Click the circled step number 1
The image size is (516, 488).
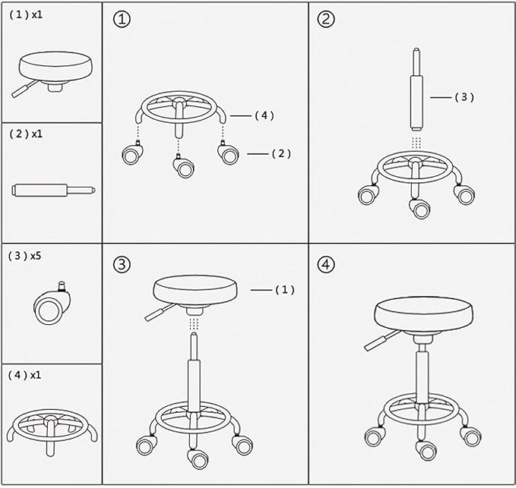tap(122, 20)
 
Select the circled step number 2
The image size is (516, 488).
tap(326, 19)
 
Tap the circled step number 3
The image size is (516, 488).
tap(122, 265)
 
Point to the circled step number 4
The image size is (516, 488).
tap(326, 265)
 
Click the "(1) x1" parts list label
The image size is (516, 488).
tap(26, 14)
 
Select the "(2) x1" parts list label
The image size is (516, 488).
tap(26, 134)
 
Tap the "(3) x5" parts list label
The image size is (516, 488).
tap(24, 255)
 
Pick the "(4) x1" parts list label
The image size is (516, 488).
tap(24, 375)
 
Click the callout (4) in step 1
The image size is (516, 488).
tap(264, 115)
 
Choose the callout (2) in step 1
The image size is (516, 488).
tap(281, 153)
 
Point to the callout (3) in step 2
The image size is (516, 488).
tap(464, 97)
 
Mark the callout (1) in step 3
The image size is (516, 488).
tap(285, 289)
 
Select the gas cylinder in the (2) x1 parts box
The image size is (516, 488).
tap(54, 190)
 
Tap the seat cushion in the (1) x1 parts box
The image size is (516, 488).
tap(55, 67)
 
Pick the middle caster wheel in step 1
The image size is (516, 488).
tap(183, 165)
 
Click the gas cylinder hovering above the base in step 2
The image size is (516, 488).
tap(416, 89)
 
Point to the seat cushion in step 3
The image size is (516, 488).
tap(195, 290)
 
